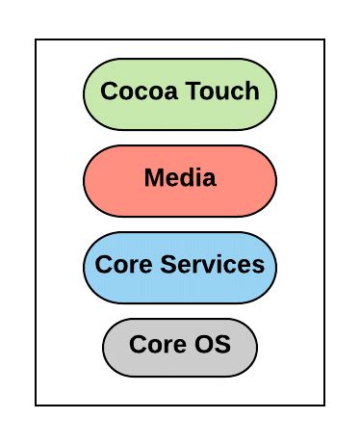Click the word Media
[180, 178]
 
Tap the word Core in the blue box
[119, 265]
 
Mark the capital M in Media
[153, 178]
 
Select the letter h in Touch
[251, 92]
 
